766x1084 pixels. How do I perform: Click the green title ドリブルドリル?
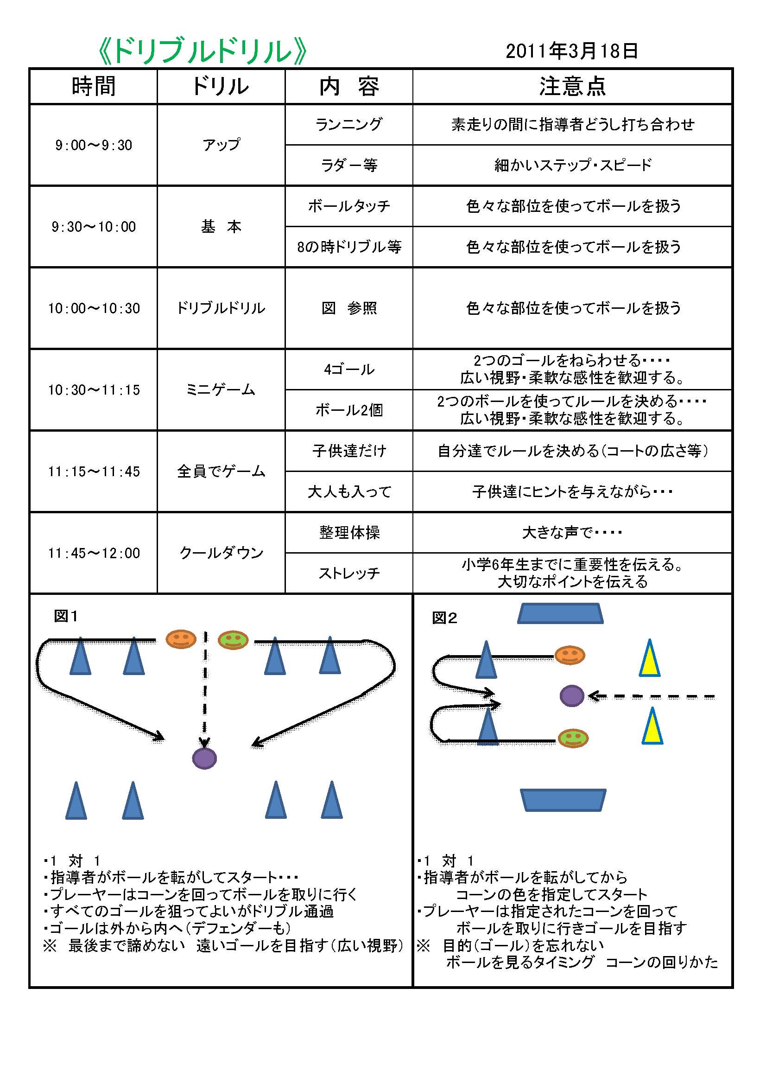click(x=203, y=51)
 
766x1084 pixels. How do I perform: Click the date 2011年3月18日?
click(x=571, y=51)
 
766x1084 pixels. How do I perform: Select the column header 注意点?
click(x=572, y=86)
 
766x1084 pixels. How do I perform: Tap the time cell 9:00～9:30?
click(x=94, y=145)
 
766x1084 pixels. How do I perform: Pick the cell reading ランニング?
click(x=349, y=124)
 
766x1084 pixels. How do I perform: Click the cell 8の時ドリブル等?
click(x=349, y=247)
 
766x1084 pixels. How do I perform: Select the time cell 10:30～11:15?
click(x=94, y=389)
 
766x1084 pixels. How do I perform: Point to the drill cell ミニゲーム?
click(x=221, y=389)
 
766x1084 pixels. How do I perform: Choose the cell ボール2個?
click(x=349, y=410)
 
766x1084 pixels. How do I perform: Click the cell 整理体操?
click(x=349, y=533)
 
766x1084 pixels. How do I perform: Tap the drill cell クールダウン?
click(x=221, y=552)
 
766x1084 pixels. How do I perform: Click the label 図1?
click(x=66, y=616)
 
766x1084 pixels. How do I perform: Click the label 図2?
click(x=444, y=618)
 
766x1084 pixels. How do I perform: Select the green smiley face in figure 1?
click(x=233, y=640)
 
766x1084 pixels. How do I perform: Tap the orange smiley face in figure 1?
click(x=181, y=639)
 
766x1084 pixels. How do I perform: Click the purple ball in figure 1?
click(x=204, y=758)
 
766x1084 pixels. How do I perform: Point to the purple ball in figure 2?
click(x=571, y=696)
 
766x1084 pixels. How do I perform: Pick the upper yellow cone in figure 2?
click(x=649, y=659)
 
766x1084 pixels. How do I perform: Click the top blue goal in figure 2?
click(x=560, y=613)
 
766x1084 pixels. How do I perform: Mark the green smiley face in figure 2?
click(x=573, y=738)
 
